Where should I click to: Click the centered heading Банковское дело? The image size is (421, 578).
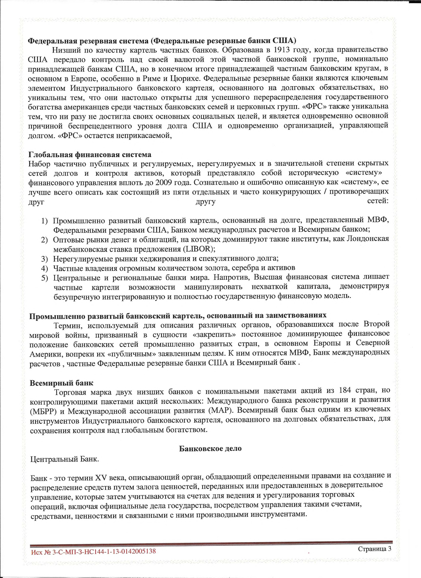pos(210,448)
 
